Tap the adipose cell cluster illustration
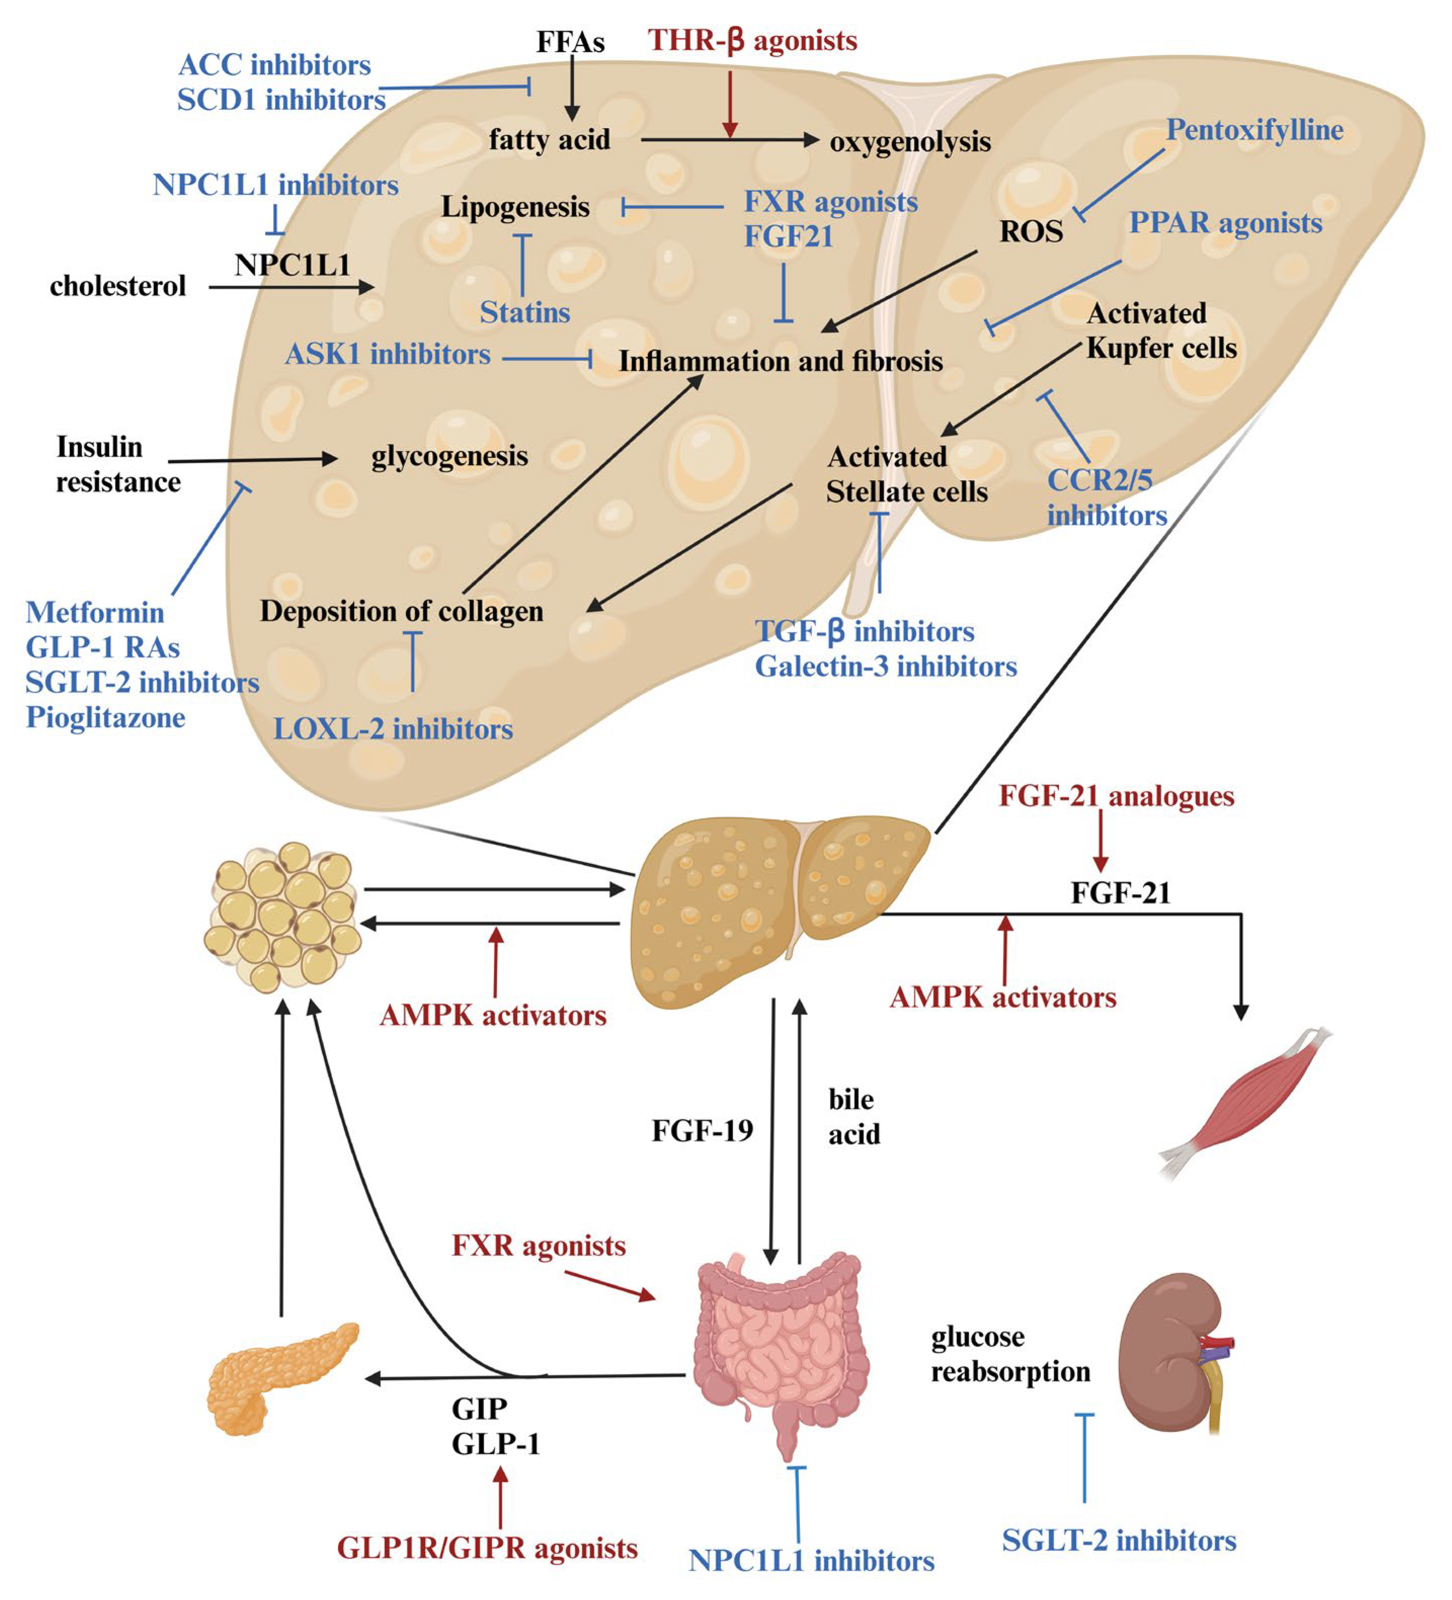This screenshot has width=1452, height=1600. tap(282, 917)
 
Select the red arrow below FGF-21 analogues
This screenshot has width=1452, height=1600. tap(1100, 841)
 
